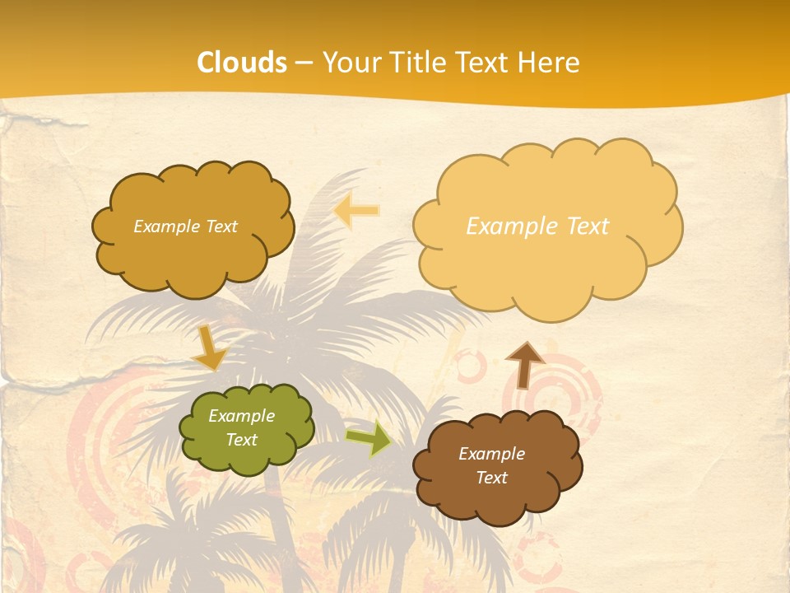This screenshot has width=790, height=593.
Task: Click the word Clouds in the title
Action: pos(242,63)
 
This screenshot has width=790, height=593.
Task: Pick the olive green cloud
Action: pos(246,428)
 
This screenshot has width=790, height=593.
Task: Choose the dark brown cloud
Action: pos(496,466)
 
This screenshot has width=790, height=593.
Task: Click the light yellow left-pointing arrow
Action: pos(356,211)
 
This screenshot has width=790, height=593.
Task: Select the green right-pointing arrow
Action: pos(369,438)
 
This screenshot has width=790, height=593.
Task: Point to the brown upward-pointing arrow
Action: pos(524,365)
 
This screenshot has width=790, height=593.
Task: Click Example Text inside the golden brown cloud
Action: pos(185,226)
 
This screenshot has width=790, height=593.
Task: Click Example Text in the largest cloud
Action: pos(537,226)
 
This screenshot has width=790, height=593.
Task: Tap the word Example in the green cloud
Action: pos(241,416)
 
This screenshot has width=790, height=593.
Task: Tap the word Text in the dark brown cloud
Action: pos(491,478)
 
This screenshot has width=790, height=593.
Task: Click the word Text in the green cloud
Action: pos(241,440)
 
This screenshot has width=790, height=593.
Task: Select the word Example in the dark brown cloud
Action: pos(491,454)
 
